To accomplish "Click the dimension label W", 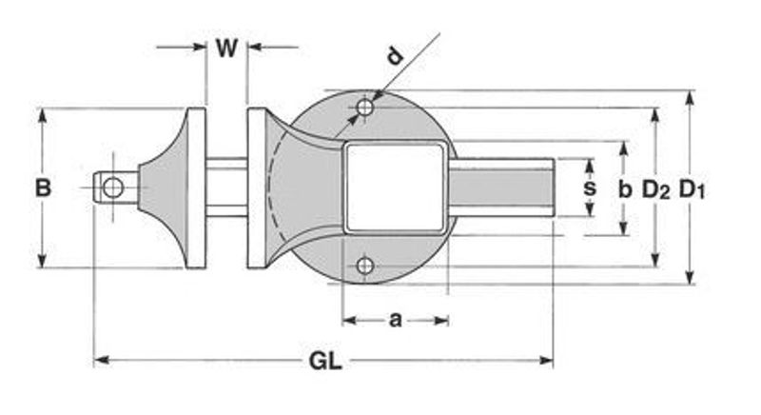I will click(225, 49).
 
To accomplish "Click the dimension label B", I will click(43, 188).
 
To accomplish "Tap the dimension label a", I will click(395, 320).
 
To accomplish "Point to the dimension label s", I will click(590, 188).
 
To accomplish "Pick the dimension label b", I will click(624, 188).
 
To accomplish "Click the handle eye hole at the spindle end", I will click(113, 188).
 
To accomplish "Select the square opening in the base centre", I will click(395, 188).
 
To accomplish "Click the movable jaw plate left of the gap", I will click(196, 188).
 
